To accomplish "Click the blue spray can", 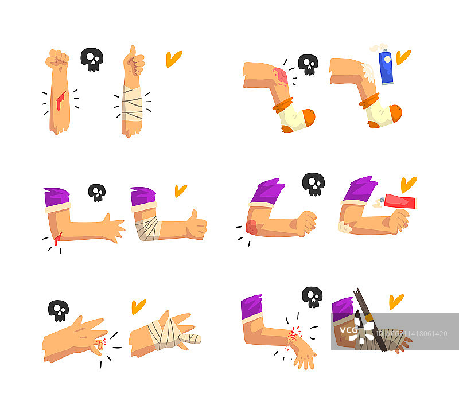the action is (386, 67).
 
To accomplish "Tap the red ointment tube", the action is (399, 201).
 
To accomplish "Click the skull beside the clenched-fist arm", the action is (92, 60).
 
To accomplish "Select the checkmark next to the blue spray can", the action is (403, 57).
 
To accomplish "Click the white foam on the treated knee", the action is (368, 72).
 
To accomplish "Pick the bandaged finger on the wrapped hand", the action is (190, 338).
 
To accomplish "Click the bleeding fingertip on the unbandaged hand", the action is (101, 345).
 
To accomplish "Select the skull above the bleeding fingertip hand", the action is (59, 310).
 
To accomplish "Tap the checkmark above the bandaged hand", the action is (138, 306).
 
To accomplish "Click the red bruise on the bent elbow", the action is (251, 227).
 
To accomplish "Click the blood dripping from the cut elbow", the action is (57, 239).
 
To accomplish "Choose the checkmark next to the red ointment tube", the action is (409, 184).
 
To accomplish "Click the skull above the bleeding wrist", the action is (312, 297).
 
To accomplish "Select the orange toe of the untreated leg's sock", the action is (309, 117).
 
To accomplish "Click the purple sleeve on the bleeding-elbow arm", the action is (56, 197).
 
